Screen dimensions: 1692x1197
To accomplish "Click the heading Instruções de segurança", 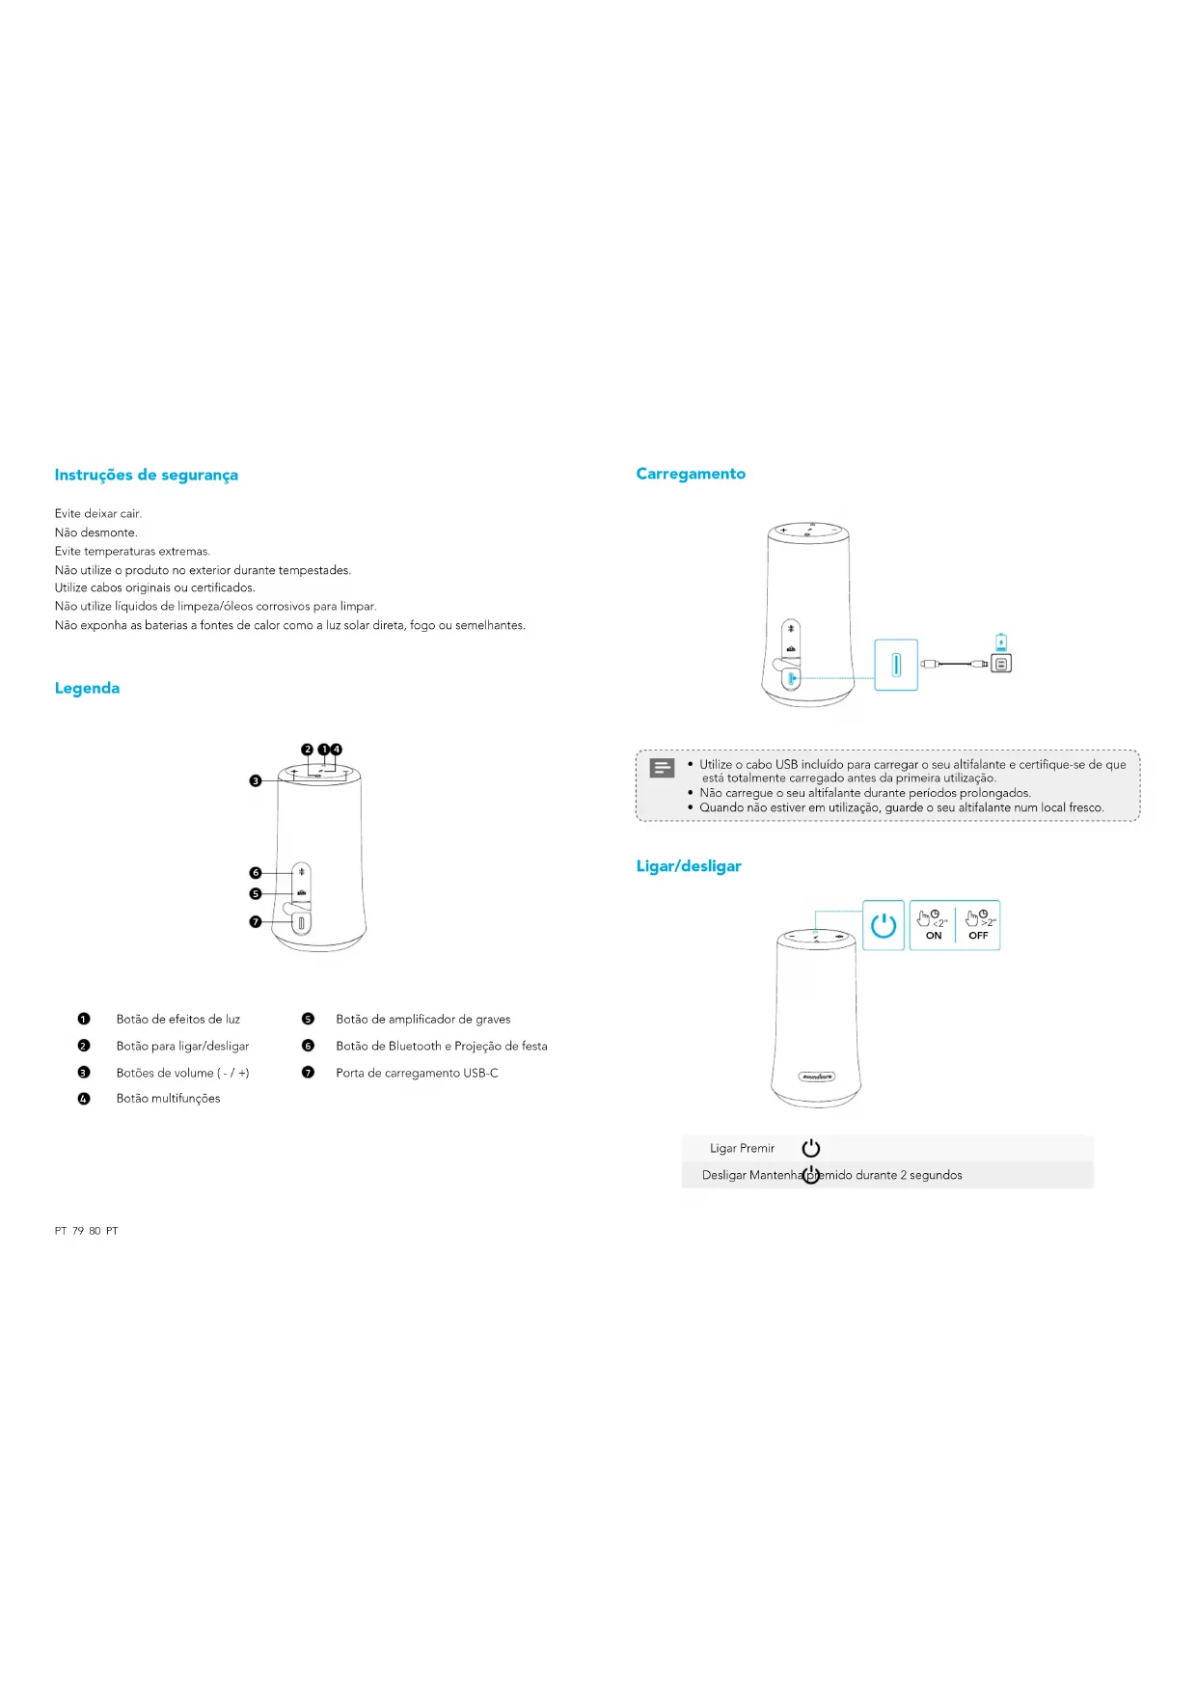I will (146, 475).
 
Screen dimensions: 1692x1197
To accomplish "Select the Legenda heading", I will (87, 688).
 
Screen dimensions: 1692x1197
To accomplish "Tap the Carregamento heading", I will (691, 474).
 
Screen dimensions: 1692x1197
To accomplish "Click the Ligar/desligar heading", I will (689, 866).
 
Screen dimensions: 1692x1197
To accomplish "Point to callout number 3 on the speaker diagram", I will (256, 780).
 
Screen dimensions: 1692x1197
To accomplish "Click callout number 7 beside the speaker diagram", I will (256, 922).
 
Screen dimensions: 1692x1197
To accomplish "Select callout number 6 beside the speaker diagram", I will (256, 873).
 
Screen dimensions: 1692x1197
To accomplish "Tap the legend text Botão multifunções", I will (168, 1099).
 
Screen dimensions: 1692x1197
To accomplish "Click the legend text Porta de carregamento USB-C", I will (417, 1073).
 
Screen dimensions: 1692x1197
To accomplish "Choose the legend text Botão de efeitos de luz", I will (177, 1020).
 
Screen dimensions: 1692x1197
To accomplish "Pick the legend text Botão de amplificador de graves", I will (422, 1020).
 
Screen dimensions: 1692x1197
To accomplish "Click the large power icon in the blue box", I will (884, 926).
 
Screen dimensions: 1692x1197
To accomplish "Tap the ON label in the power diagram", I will (934, 936).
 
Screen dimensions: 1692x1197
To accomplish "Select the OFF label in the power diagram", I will (978, 936).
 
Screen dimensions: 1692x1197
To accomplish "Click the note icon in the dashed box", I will (663, 768).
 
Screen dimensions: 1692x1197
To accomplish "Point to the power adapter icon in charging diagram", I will (1001, 664).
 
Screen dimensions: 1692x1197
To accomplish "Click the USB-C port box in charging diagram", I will (896, 665).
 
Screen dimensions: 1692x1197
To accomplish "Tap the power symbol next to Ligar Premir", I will (811, 1148).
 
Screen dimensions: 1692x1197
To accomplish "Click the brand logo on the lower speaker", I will (817, 1077).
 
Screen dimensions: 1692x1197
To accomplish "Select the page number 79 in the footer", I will (78, 1231).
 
